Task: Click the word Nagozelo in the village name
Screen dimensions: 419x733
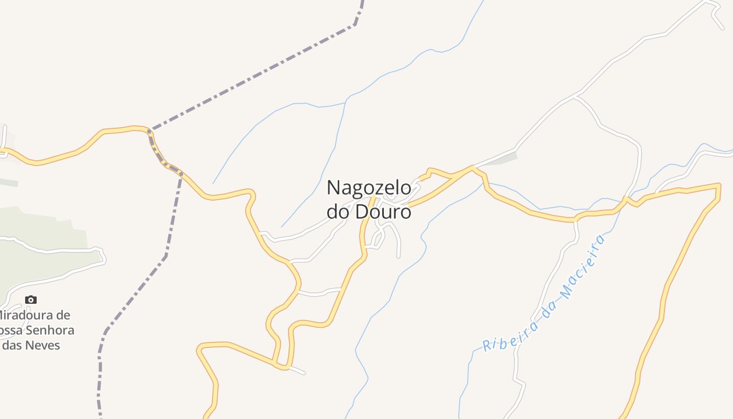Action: click(369, 188)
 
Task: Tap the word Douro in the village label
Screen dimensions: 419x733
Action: click(383, 212)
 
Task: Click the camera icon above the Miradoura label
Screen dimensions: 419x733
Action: click(31, 300)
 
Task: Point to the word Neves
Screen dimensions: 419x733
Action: click(44, 345)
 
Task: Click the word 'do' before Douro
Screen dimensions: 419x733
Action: click(338, 212)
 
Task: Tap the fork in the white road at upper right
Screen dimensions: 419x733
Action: click(576, 96)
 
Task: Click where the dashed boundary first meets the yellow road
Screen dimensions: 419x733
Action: click(150, 130)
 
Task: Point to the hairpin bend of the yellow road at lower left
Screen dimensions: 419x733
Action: click(199, 348)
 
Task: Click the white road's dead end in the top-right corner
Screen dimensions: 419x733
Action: click(723, 29)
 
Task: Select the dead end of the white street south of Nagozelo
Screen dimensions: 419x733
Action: click(398, 257)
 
